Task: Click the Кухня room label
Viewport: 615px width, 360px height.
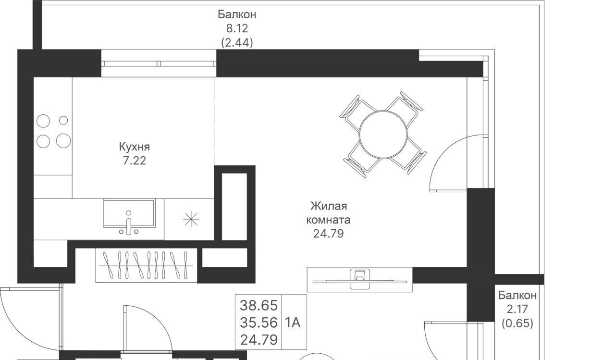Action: (135, 147)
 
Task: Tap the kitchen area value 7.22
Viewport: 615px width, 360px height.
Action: (134, 161)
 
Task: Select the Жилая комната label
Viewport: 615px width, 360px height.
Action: (328, 213)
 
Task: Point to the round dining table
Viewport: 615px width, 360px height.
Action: (383, 135)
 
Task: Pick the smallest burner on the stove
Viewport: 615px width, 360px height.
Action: (63, 120)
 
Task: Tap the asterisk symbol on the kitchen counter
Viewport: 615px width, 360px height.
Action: (191, 219)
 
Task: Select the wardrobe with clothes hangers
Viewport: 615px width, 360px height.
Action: (147, 265)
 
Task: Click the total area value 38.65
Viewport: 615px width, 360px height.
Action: (258, 305)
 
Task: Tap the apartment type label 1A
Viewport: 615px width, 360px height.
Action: (293, 323)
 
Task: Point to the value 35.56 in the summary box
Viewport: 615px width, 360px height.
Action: (258, 323)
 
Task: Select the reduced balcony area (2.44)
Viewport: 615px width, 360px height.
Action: (237, 43)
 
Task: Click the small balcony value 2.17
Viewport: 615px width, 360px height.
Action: (517, 309)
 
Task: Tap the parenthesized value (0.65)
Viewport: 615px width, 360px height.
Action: (517, 323)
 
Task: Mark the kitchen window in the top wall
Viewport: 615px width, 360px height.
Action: (159, 63)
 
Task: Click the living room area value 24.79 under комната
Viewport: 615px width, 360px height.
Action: (328, 234)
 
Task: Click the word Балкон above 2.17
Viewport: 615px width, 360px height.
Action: (517, 295)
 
